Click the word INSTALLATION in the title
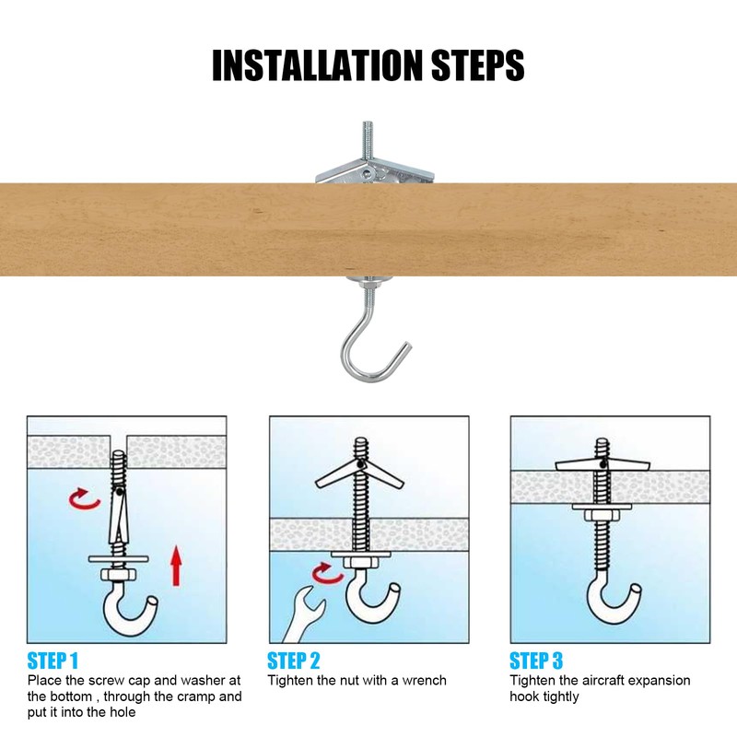point(317,65)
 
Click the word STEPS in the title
point(477,65)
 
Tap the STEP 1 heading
point(53,661)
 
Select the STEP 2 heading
point(294,661)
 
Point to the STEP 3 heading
point(536,661)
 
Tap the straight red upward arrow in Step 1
point(176,566)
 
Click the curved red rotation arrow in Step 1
point(84,499)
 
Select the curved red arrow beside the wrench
point(327,573)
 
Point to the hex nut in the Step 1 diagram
point(119,574)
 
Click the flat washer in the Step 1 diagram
point(119,559)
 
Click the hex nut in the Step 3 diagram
point(602,515)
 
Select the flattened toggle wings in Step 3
point(602,465)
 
